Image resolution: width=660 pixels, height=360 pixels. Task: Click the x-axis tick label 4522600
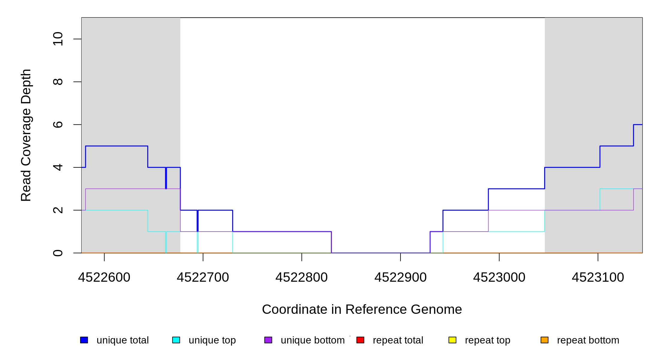(104, 277)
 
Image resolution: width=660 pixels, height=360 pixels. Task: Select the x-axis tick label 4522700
(203, 277)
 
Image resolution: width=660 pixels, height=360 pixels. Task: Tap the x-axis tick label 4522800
(301, 277)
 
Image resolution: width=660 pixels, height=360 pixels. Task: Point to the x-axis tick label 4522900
(400, 277)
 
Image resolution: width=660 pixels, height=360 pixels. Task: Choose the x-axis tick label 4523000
(499, 277)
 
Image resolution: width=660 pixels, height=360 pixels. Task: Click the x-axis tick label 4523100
(598, 277)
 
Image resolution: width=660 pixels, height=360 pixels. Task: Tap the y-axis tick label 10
(58, 39)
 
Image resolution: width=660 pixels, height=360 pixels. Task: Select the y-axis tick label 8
(58, 82)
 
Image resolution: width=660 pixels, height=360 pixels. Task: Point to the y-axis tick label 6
(58, 124)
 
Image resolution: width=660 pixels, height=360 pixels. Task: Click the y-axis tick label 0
(58, 253)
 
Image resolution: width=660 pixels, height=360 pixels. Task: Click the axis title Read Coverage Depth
(26, 135)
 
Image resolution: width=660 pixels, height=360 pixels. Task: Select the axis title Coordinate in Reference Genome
(362, 309)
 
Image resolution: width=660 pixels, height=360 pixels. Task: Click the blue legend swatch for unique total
(84, 340)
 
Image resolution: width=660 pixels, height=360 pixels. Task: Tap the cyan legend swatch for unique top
(176, 340)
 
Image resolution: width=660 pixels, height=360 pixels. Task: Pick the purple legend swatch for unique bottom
(268, 340)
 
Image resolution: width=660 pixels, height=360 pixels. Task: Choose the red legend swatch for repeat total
(360, 340)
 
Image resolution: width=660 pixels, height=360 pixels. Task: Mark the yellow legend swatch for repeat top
(452, 340)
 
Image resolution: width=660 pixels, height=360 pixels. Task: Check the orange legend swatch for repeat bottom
(544, 340)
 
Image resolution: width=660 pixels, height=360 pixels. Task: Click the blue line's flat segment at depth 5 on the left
(117, 146)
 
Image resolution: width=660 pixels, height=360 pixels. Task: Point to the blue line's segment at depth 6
(638, 124)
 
